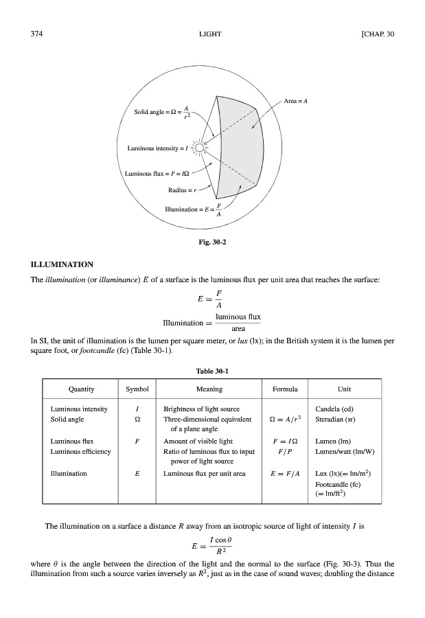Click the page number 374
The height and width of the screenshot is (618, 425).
37,34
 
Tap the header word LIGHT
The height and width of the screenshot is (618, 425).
211,34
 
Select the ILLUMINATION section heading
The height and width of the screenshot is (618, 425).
62,264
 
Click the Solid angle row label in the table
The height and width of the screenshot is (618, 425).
67,419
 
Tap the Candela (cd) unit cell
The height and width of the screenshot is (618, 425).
334,409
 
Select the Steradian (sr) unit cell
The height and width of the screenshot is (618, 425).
336,419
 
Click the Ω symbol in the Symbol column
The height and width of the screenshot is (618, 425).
139,419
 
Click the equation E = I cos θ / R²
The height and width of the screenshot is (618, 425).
211,546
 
